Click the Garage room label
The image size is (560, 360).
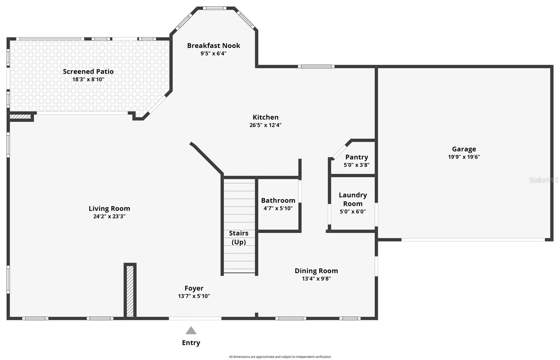pyautogui.click(x=464, y=149)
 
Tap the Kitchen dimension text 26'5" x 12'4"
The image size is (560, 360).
pyautogui.click(x=265, y=125)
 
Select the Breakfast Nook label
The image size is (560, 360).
pyautogui.click(x=213, y=45)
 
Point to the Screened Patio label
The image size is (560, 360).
pyautogui.click(x=88, y=71)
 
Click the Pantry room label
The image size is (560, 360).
pyautogui.click(x=356, y=157)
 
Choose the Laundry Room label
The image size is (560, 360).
pyautogui.click(x=352, y=199)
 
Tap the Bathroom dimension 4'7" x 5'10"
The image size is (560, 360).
pyautogui.click(x=278, y=208)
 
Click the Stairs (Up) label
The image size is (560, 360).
pyautogui.click(x=239, y=237)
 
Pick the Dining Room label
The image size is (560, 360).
pyautogui.click(x=316, y=271)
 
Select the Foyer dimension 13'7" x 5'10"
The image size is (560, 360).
pyautogui.click(x=194, y=296)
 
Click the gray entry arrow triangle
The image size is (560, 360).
pyautogui.click(x=191, y=331)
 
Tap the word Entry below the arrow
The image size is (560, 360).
pyautogui.click(x=191, y=343)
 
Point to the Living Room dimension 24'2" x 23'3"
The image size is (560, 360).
pyautogui.click(x=109, y=216)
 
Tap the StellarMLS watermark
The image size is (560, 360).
pyautogui.click(x=544, y=180)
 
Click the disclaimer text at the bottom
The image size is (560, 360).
pyautogui.click(x=280, y=357)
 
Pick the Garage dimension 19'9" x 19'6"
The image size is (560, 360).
pyautogui.click(x=464, y=157)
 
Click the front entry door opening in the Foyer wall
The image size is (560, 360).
pyautogui.click(x=195, y=318)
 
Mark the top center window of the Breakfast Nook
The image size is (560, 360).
pyautogui.click(x=215, y=8)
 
